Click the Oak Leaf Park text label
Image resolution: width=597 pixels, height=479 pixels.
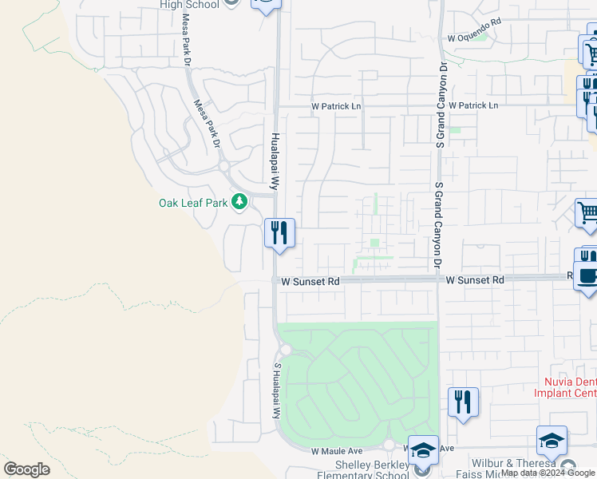point(193,203)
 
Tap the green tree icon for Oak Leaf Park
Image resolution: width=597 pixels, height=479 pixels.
point(239,203)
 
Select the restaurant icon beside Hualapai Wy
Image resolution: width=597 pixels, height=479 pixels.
point(279,233)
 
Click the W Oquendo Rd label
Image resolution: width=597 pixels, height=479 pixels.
point(474,38)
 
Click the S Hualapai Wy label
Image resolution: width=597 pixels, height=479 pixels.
point(278,391)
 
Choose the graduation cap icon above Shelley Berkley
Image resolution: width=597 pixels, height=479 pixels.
point(423,448)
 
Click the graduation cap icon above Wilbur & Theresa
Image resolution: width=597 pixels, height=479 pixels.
point(552,440)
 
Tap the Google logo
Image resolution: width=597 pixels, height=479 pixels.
point(26,469)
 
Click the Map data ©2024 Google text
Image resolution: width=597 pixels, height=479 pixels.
point(548,473)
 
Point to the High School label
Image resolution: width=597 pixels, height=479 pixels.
point(189,5)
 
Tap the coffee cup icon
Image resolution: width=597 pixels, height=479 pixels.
point(588,275)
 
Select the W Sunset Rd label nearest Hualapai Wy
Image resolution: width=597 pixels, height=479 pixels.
point(310,281)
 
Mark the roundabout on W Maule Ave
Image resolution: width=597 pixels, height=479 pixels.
point(389,445)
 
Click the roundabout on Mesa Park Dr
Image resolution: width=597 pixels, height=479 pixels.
point(224,167)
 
